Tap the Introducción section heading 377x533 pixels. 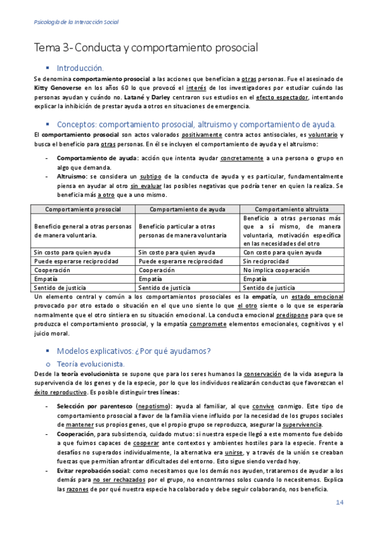(80, 67)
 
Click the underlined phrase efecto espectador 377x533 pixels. (282, 97)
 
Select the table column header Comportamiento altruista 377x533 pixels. (291, 208)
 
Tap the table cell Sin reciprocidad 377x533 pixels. (266, 260)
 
